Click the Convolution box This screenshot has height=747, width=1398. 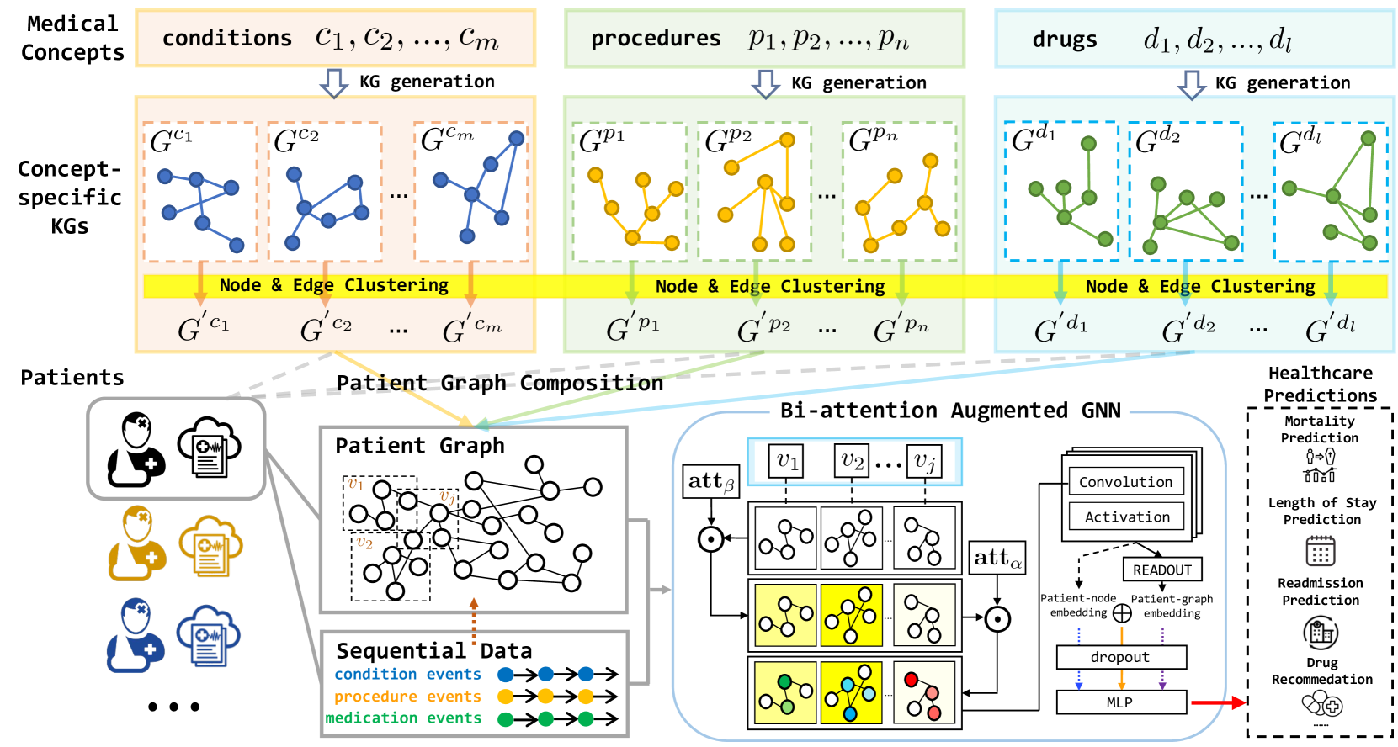[1126, 482]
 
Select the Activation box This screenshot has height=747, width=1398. [1126, 517]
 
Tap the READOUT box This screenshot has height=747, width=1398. [1161, 570]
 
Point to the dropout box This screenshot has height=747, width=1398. [1120, 657]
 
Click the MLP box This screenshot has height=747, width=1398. [1120, 702]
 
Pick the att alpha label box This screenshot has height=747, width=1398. [997, 558]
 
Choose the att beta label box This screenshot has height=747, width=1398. [711, 481]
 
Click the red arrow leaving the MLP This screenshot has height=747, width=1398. [1217, 702]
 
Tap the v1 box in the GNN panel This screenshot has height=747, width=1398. [786, 461]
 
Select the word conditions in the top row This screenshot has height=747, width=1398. [227, 39]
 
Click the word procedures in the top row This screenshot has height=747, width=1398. [656, 39]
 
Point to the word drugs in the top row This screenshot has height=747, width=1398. [1065, 40]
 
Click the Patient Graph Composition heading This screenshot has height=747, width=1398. [500, 384]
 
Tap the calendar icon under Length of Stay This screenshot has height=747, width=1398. [1320, 552]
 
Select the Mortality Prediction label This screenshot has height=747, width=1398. [1320, 429]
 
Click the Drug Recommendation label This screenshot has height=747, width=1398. [1321, 671]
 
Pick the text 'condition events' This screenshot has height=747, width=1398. [407, 674]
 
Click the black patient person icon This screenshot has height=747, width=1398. [135, 449]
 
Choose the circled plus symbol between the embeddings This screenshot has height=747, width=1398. [1122, 613]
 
